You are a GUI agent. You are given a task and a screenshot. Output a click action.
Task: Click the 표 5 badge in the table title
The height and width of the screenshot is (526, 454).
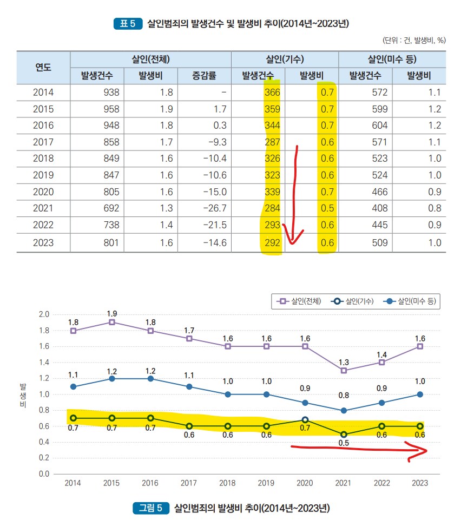(x=128, y=24)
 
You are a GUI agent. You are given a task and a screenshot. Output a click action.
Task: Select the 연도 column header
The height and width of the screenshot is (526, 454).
(x=43, y=67)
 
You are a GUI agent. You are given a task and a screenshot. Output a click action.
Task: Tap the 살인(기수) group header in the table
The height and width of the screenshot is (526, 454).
(x=285, y=60)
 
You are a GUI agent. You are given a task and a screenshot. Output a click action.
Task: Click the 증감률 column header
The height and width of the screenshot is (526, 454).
(x=205, y=75)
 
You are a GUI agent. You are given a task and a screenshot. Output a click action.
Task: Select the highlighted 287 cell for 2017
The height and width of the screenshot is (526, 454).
(x=272, y=143)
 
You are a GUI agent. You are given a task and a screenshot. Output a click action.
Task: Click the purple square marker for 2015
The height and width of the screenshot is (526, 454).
(x=112, y=322)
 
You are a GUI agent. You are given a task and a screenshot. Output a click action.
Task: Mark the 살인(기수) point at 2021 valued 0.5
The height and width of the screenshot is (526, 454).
(x=344, y=434)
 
